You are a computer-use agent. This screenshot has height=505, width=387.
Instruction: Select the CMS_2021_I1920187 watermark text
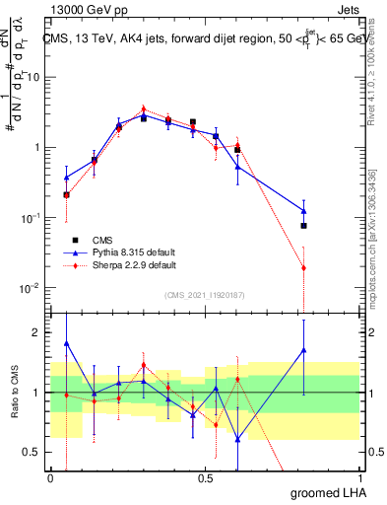[x=204, y=294]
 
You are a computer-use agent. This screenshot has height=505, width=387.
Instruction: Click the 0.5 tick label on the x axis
[x=205, y=477]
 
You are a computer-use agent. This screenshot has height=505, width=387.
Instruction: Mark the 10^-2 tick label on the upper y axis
[x=30, y=288]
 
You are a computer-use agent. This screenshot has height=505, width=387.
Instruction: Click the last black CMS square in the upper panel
[x=304, y=226]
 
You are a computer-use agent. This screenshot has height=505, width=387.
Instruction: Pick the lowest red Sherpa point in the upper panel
[x=304, y=267]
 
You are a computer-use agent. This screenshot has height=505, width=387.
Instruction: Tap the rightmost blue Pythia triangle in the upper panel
[x=304, y=210]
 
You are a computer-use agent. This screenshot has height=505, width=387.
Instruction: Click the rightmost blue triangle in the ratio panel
[x=304, y=350]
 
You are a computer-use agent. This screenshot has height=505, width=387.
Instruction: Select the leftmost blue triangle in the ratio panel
[x=66, y=343]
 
